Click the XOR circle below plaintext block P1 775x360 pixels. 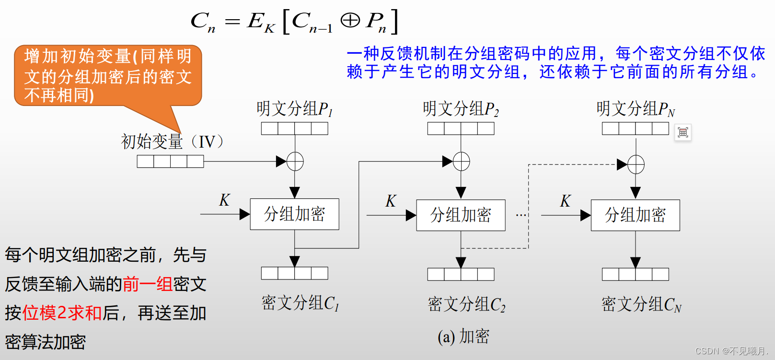(295, 162)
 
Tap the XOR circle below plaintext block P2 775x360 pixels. (461, 162)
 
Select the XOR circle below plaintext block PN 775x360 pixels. (636, 164)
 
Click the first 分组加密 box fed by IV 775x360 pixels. (294, 214)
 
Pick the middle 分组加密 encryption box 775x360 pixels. (461, 215)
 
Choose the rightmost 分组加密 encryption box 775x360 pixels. (635, 215)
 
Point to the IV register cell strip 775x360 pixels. (170, 162)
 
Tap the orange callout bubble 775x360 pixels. (108, 75)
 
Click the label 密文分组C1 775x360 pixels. (300, 303)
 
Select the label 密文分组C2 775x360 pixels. (466, 304)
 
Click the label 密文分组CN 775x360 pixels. (641, 304)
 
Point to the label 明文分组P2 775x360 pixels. (461, 109)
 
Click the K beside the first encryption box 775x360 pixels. (224, 200)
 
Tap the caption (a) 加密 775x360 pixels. (463, 337)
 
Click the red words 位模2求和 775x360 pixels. (62, 313)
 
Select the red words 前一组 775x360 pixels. (147, 284)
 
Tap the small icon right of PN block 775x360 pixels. (682, 132)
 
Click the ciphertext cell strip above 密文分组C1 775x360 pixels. (294, 273)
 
